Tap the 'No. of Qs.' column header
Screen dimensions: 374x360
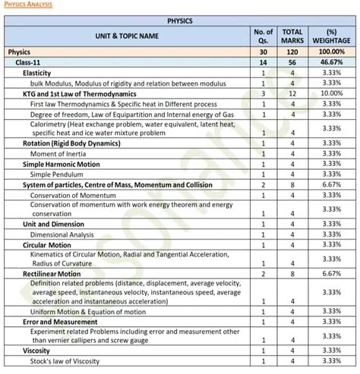pos(262,36)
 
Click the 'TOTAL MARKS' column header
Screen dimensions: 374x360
pos(293,36)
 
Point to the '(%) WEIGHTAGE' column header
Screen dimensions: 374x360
pos(330,36)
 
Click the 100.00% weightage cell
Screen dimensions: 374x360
pos(330,51)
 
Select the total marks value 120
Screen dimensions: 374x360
pos(293,51)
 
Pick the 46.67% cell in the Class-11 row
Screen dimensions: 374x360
pos(330,61)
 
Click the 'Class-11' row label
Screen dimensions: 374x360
pos(32,61)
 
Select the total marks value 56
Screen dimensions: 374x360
pos(293,61)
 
